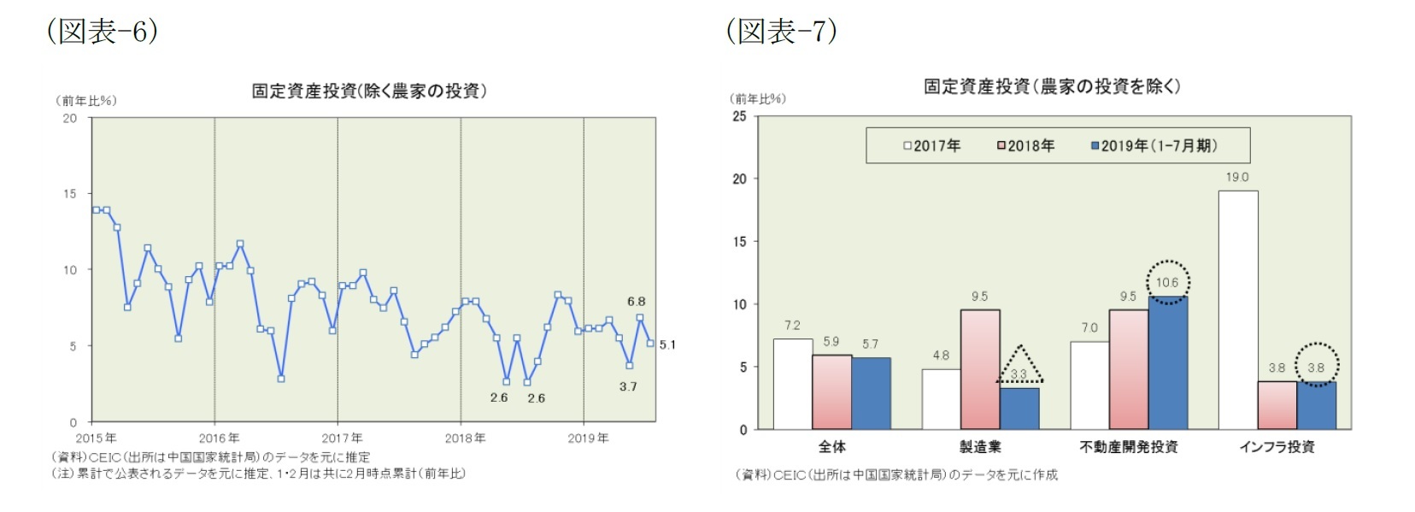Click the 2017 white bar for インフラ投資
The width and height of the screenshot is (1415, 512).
click(1237, 309)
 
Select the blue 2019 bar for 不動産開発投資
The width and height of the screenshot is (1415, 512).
click(1167, 362)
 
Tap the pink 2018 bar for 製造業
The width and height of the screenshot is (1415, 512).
click(979, 369)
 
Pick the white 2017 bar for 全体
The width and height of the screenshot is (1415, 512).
click(792, 384)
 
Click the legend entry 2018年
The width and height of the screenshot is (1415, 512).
click(1025, 146)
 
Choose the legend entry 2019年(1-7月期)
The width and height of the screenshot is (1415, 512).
click(1154, 146)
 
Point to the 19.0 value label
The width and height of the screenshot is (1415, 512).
click(1236, 177)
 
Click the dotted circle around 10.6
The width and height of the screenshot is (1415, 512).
click(1167, 282)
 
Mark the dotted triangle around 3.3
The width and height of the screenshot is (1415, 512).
click(1019, 366)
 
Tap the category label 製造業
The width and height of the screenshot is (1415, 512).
click(980, 447)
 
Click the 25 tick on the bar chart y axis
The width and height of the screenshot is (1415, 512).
click(739, 116)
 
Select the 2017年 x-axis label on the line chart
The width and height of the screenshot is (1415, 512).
click(343, 438)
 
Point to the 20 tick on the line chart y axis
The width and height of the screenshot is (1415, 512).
click(70, 118)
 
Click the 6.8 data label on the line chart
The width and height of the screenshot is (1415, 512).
click(636, 302)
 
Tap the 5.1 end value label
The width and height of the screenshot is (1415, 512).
click(667, 344)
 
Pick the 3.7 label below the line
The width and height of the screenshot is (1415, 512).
click(628, 386)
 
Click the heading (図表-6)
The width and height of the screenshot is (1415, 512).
click(102, 31)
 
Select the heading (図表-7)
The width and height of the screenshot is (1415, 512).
click(781, 31)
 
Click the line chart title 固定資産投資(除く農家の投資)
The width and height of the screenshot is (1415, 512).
click(368, 91)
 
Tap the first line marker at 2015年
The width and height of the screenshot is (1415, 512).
click(97, 209)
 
